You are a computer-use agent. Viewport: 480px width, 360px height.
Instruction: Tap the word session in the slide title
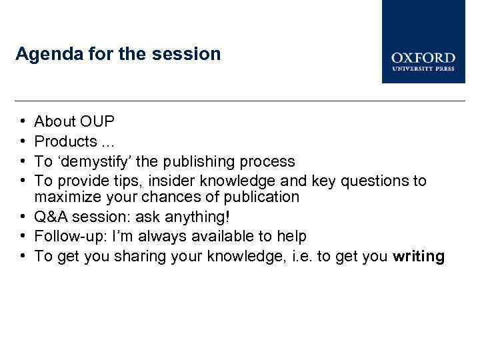[194, 53]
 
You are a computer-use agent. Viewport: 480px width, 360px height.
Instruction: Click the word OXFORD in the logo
[423, 58]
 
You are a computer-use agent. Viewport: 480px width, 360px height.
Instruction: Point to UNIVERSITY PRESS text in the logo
[423, 68]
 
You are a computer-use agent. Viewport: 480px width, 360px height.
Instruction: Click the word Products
[65, 141]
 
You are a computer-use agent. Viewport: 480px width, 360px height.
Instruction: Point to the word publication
[261, 197]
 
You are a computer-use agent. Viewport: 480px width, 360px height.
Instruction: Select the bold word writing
[419, 256]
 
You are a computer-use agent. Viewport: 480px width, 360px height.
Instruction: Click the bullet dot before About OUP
[22, 122]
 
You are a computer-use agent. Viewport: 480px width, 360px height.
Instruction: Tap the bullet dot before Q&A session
[22, 217]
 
